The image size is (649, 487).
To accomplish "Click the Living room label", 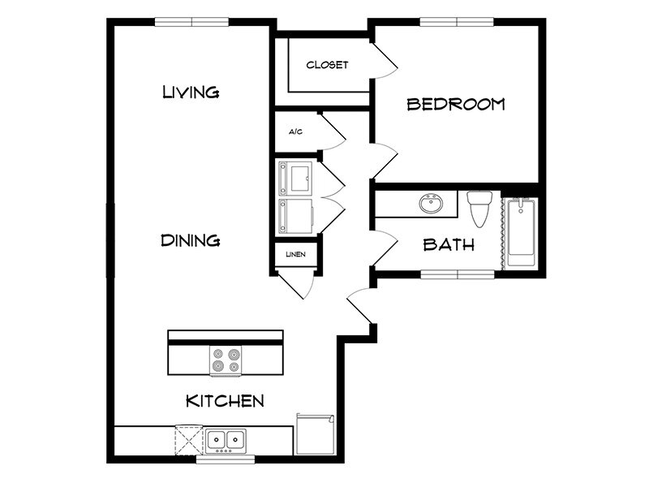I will tap(191, 91).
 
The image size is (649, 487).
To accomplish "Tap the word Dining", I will tap(191, 240).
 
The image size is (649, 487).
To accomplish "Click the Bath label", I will tap(449, 244).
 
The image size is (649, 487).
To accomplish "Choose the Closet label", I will tap(327, 65).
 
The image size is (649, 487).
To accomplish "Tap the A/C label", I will tap(295, 131).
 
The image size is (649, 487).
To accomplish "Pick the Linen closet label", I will tap(295, 255).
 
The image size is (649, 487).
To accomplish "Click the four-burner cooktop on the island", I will tap(226, 361).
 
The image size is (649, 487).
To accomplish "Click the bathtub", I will tap(520, 232).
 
